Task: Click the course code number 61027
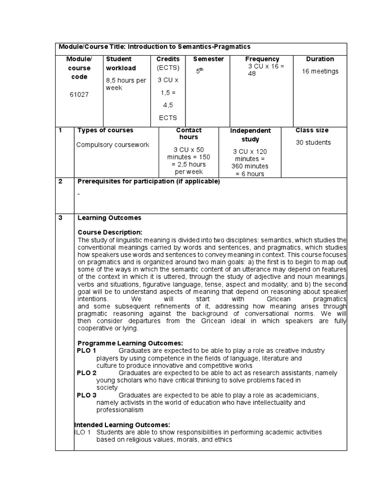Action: [x=79, y=94]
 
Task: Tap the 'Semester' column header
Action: [x=208, y=59]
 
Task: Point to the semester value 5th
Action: [x=200, y=71]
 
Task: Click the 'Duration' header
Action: [x=320, y=59]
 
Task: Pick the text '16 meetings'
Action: [x=320, y=71]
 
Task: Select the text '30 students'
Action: [x=313, y=142]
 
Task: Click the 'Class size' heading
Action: [x=312, y=130]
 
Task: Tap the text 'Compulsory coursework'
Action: [x=113, y=145]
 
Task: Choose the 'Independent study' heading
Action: [x=250, y=135]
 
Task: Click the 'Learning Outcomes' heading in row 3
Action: [x=109, y=218]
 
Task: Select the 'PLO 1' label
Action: [x=87, y=351]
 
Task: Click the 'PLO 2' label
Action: [x=87, y=373]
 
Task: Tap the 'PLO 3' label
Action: [x=87, y=395]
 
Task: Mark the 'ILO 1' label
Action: [x=82, y=432]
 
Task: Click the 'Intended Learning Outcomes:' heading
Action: [x=123, y=425]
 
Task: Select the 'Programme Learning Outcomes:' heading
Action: [x=130, y=343]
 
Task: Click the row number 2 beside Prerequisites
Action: [x=60, y=181]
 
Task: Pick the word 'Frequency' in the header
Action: [x=262, y=59]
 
